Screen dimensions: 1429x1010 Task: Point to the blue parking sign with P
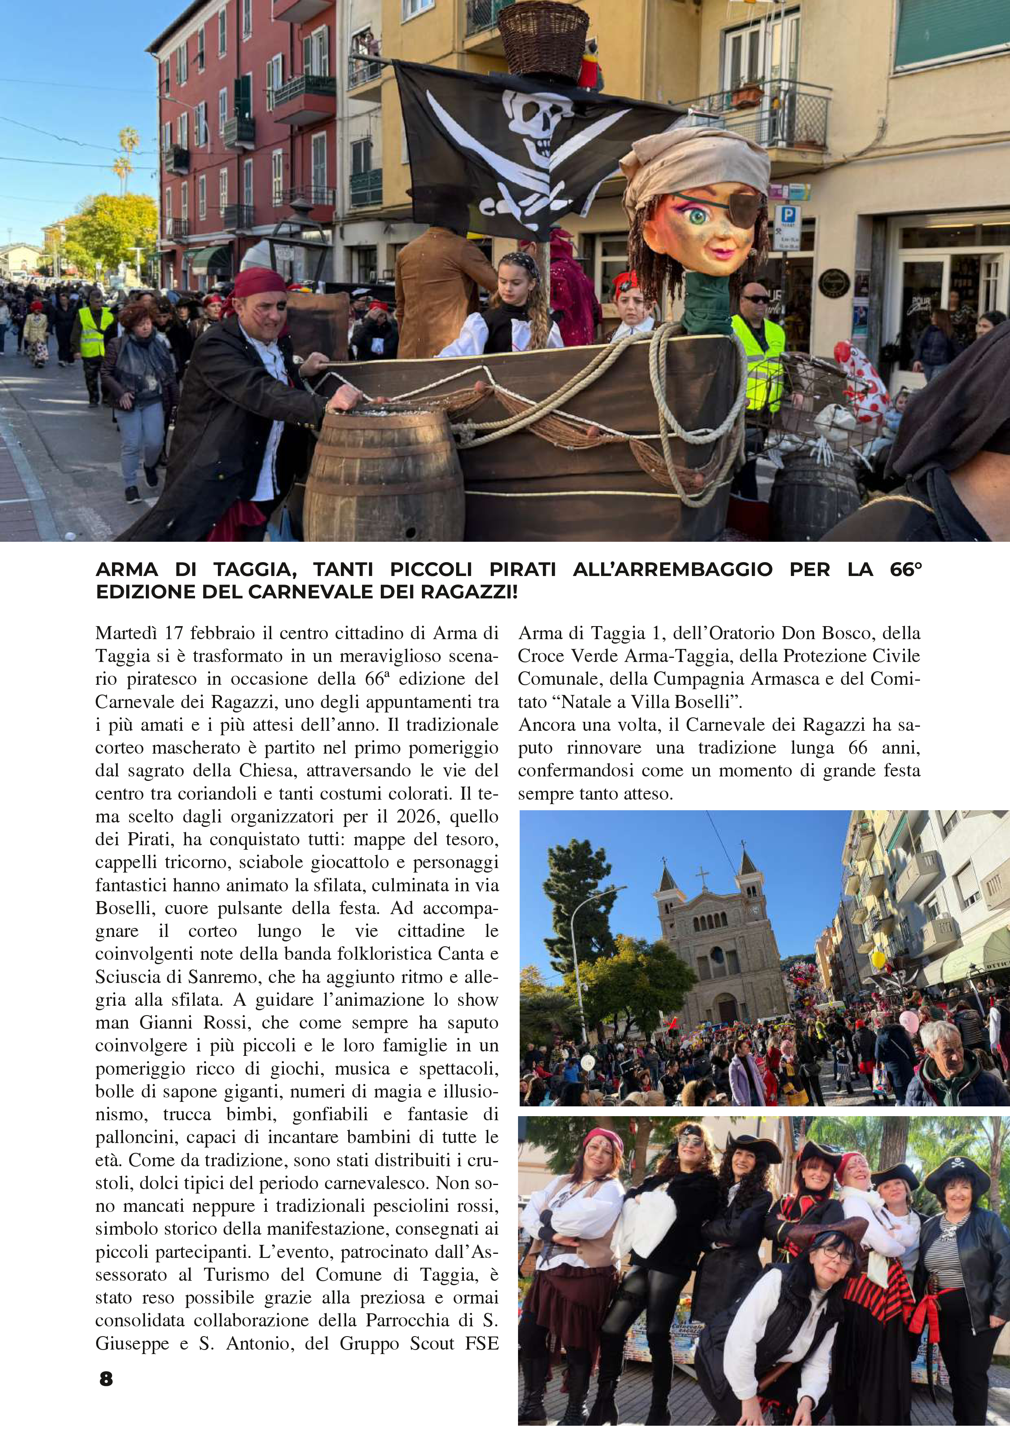[x=787, y=217]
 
